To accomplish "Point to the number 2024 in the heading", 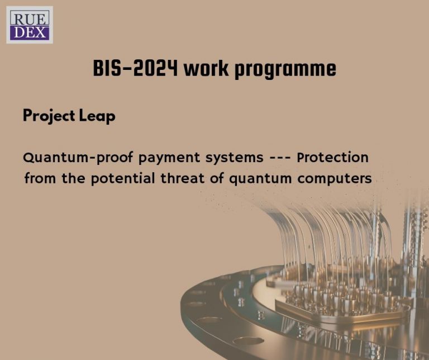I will (157, 69).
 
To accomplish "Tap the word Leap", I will (98, 116).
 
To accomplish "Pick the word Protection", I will (333, 158).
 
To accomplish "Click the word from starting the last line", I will (39, 179).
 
